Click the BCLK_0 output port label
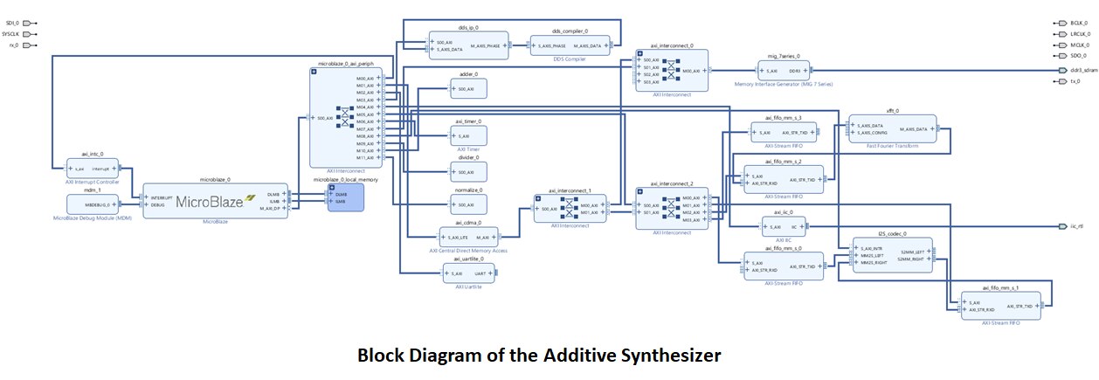tap(1079, 22)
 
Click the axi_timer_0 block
tap(468, 136)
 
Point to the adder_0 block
tap(468, 88)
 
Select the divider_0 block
tap(468, 169)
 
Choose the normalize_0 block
tap(468, 204)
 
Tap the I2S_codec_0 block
tap(893, 255)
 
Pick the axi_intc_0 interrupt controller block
tap(93, 168)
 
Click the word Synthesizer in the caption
tap(671, 356)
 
